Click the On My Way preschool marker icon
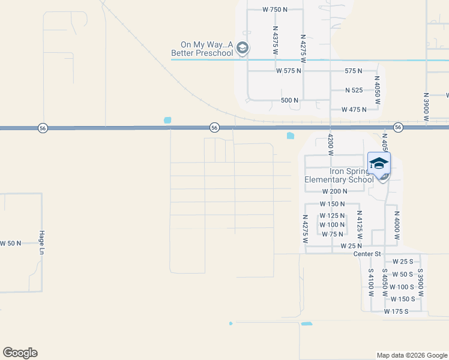(243, 48)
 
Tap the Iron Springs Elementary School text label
(339, 175)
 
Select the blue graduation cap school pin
(379, 163)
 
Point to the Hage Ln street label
(42, 242)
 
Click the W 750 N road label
(276, 10)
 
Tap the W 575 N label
(289, 71)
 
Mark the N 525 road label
(354, 90)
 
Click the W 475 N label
(354, 110)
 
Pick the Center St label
(367, 254)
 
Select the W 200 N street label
(335, 191)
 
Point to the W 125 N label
(333, 215)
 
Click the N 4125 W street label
(359, 225)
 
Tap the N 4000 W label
(397, 224)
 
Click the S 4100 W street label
(371, 283)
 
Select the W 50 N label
(10, 243)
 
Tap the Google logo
(20, 353)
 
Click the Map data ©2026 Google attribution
(412, 355)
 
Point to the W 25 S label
(403, 262)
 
